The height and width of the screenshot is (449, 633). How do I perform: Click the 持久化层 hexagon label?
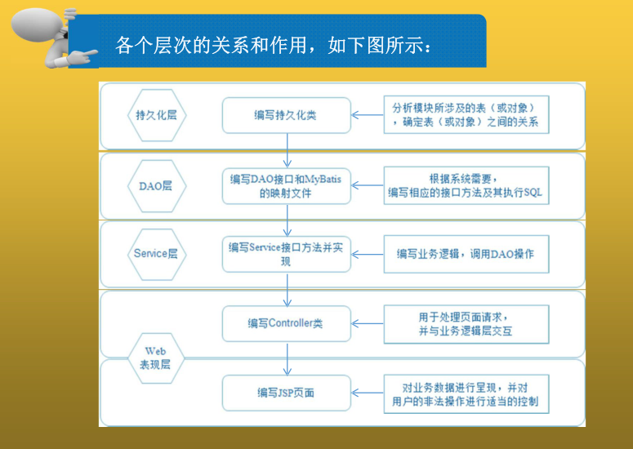155,115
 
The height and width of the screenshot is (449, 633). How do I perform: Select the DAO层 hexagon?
155,186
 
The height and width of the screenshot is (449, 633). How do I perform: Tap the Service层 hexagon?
155,254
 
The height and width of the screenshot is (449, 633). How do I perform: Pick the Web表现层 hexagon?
155,358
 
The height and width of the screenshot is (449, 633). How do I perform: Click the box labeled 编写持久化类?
286,115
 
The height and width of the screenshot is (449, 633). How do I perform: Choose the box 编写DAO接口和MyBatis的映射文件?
286,186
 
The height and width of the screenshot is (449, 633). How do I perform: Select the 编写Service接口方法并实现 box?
286,254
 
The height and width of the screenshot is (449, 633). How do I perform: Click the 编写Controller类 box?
286,323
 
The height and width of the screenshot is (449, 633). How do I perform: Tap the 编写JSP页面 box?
286,393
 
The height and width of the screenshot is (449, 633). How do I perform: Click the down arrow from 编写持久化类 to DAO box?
287,150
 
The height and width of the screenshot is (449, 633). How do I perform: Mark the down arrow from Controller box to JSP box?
287,358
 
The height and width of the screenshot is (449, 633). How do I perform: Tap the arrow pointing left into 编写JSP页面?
367,393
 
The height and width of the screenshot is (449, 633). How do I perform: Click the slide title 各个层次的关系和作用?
274,44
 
